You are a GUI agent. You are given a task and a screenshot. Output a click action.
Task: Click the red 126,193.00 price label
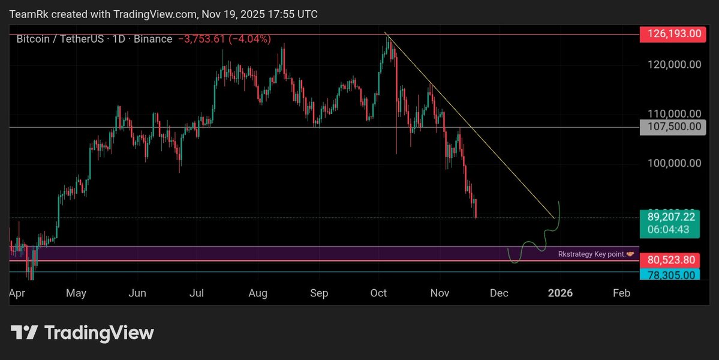pos(672,34)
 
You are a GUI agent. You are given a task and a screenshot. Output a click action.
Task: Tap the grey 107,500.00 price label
pos(672,127)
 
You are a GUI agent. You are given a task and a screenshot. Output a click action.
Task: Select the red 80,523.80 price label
pos(672,260)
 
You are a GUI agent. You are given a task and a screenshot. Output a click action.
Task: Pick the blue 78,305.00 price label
pos(672,275)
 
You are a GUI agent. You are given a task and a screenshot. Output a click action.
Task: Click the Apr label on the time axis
pos(17,293)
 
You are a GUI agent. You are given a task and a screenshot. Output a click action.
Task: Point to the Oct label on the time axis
pos(378,293)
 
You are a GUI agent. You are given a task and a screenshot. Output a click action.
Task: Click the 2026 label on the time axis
pos(560,293)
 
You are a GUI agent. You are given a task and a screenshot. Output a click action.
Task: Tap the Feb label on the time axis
pos(621,293)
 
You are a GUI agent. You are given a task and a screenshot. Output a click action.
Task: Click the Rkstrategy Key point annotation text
pos(591,254)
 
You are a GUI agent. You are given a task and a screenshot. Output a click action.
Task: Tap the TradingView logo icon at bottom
pos(25,332)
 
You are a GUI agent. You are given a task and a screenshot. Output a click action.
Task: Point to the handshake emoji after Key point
pos(630,254)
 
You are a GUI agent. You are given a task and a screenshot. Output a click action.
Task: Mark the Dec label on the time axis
pos(499,293)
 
